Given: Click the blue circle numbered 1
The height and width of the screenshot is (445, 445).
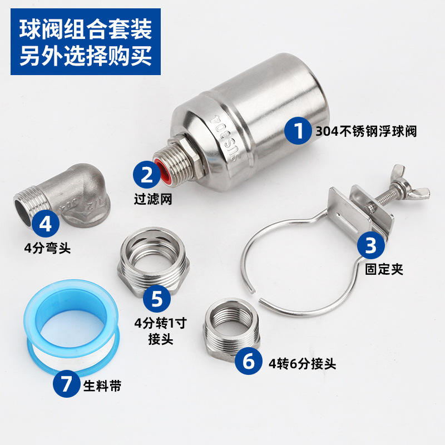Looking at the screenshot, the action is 298,131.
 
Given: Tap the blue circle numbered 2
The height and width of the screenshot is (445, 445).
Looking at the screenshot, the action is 147,175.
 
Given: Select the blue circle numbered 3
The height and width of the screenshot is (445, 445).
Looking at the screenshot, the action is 370,245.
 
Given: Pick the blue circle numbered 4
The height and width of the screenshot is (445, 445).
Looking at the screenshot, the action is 46,224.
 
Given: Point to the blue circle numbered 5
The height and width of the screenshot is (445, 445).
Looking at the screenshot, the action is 157,299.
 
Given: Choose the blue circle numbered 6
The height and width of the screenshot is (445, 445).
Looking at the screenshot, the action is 249,361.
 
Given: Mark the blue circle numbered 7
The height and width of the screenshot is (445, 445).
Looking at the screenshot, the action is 66,384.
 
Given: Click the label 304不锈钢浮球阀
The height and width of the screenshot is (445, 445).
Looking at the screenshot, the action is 366,131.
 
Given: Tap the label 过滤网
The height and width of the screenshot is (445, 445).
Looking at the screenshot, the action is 153,199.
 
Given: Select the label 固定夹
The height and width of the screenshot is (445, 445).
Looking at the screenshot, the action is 384,269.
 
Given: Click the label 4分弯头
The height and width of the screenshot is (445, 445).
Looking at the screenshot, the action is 47,248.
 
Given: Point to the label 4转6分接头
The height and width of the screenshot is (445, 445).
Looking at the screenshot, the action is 302,364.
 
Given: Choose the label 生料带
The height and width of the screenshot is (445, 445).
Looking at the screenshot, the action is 102,386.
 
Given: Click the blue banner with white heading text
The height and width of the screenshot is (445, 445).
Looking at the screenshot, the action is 86,42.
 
